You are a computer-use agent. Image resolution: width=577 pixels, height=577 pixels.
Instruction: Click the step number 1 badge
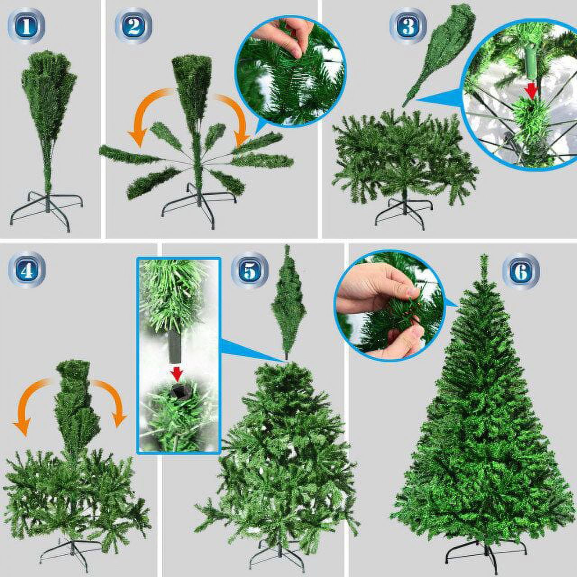(x=26, y=26)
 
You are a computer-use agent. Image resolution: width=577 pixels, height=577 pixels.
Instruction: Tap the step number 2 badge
(x=133, y=26)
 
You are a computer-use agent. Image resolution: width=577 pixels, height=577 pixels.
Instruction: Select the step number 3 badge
(x=408, y=26)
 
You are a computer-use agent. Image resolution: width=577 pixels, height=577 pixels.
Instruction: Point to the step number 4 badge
(x=27, y=270)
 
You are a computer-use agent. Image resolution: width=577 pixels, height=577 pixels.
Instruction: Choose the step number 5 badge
(x=250, y=270)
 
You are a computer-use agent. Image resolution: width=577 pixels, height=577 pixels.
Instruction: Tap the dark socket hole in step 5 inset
(x=177, y=391)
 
